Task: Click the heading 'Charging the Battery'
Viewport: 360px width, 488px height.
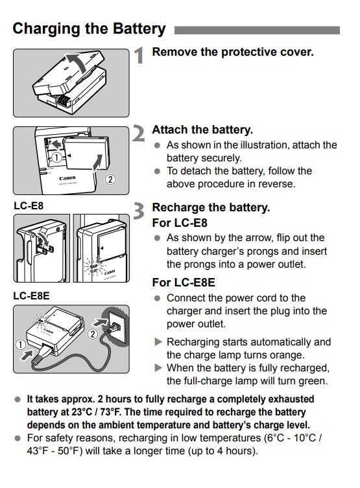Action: point(89,29)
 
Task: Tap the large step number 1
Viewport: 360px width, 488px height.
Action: point(139,55)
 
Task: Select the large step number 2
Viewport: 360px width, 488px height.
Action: point(138,134)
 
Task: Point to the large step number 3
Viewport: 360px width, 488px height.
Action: point(139,211)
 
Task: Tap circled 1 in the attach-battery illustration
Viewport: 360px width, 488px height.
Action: point(56,157)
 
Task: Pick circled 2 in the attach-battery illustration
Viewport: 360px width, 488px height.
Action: point(110,180)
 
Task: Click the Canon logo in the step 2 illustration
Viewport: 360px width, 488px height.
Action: point(67,178)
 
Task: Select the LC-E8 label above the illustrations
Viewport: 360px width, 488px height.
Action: point(29,206)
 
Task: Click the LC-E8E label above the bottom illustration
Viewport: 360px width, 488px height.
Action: point(31,296)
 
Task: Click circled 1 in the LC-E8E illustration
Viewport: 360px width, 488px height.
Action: point(21,345)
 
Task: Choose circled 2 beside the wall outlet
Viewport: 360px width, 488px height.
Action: point(93,334)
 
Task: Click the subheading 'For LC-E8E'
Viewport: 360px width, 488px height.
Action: point(184,283)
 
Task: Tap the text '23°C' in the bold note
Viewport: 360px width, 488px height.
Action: point(82,412)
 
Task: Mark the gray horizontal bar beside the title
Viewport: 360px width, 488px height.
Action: point(257,30)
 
